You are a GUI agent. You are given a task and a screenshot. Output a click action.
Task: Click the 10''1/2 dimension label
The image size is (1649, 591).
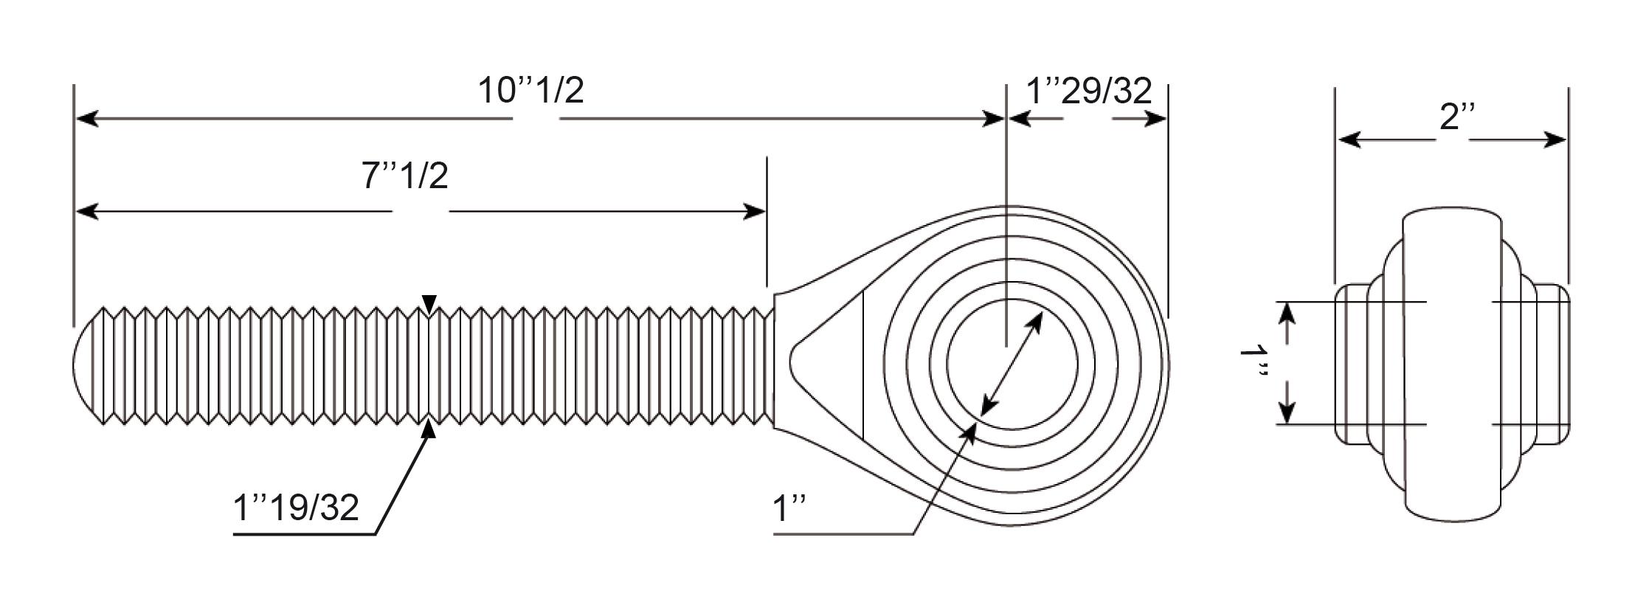tap(530, 91)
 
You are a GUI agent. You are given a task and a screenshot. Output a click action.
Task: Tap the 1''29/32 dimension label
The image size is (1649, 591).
tap(1089, 90)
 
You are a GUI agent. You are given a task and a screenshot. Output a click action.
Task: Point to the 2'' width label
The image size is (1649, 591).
tap(1458, 117)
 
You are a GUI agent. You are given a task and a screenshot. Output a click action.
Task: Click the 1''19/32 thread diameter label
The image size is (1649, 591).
tap(296, 508)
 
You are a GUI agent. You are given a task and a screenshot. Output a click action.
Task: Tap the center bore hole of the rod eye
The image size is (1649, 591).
tap(1012, 364)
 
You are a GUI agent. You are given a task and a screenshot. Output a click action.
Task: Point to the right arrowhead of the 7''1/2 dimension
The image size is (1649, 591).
tap(754, 212)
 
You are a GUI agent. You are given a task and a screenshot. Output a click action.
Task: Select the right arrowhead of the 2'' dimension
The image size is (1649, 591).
tap(1555, 139)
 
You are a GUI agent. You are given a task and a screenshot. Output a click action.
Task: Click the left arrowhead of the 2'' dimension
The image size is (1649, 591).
tap(1349, 139)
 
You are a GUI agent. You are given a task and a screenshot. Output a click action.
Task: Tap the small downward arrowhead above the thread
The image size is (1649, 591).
tap(429, 303)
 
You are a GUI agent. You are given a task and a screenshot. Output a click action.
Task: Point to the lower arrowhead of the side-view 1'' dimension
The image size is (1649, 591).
tap(1287, 412)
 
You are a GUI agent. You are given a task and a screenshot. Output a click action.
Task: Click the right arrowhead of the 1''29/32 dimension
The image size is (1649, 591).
tap(1155, 119)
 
